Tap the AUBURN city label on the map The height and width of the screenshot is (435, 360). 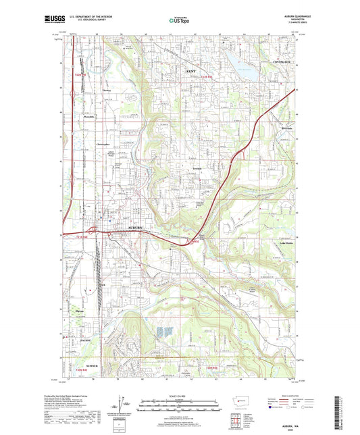tap(136, 230)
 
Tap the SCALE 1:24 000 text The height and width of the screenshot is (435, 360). tap(180, 396)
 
